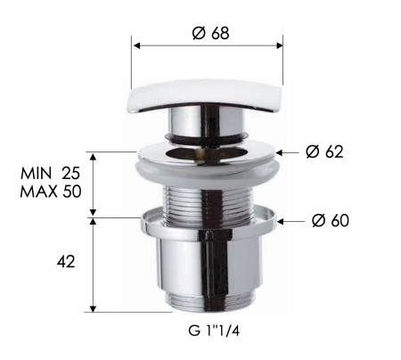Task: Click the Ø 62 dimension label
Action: point(323,151)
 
